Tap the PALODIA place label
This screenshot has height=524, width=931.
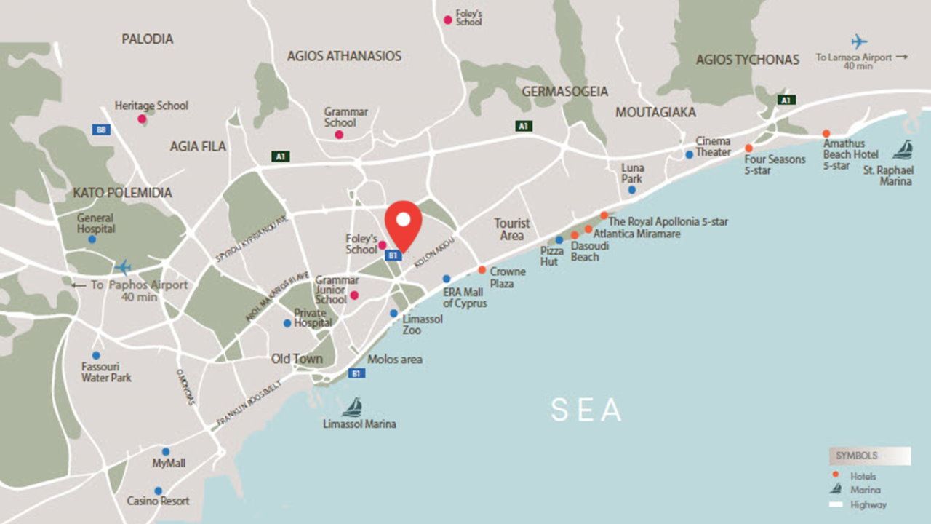[148, 39]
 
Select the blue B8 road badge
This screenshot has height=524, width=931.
[102, 130]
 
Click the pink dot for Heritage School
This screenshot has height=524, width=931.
[142, 119]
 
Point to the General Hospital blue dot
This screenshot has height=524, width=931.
[92, 239]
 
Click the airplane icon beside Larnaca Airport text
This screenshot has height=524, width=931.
[859, 41]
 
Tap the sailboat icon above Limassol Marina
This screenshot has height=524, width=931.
[353, 407]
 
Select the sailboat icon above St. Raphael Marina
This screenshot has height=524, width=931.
[903, 150]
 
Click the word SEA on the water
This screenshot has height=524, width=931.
[586, 410]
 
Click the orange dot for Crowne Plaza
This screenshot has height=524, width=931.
[482, 270]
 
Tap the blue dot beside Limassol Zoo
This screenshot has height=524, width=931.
[393, 314]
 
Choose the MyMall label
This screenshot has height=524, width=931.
[169, 464]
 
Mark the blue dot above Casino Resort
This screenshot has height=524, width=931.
[158, 491]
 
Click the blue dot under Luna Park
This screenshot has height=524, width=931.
[632, 190]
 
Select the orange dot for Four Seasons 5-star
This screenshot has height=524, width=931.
[748, 148]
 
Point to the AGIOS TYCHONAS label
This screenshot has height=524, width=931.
[747, 60]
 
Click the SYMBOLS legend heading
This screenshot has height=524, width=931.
[856, 456]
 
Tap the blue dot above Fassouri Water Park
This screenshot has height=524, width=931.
[96, 356]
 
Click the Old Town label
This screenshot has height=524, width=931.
[297, 359]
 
